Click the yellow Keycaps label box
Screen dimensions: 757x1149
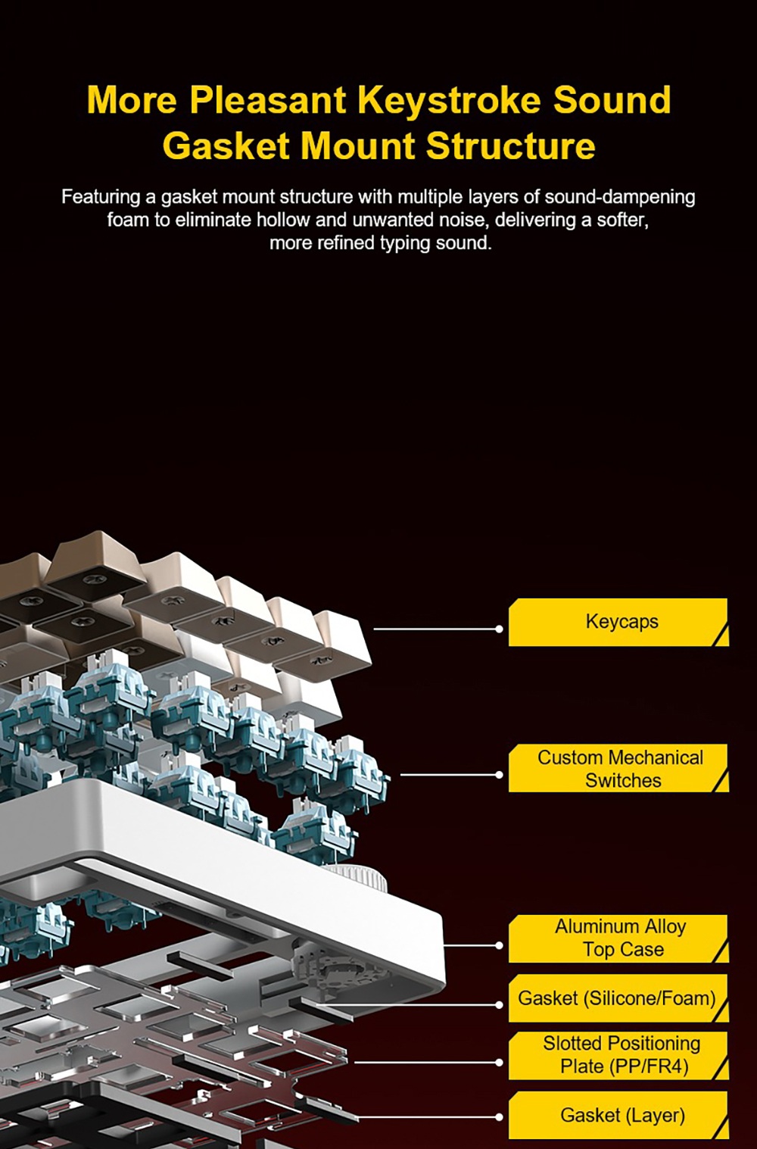pyautogui.click(x=618, y=622)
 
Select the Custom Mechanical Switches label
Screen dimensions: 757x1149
pyautogui.click(x=618, y=768)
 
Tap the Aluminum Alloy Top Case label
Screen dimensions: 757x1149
pyautogui.click(x=618, y=938)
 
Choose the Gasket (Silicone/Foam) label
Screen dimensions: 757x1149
pyautogui.click(x=618, y=998)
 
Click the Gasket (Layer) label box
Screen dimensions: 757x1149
pyautogui.click(x=618, y=1115)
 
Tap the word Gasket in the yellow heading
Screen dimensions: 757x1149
pyautogui.click(x=226, y=145)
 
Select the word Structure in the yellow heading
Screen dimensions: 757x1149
pyautogui.click(x=510, y=145)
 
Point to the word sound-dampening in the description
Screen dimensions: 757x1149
pyautogui.click(x=620, y=197)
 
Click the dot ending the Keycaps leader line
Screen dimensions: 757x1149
pyautogui.click(x=499, y=629)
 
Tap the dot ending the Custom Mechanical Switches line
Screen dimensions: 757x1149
pyautogui.click(x=499, y=775)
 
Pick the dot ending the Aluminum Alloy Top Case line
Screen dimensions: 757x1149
pyautogui.click(x=499, y=945)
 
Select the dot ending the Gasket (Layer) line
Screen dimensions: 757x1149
pyautogui.click(x=499, y=1116)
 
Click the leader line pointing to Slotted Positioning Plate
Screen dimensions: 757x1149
pyautogui.click(x=426, y=1063)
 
